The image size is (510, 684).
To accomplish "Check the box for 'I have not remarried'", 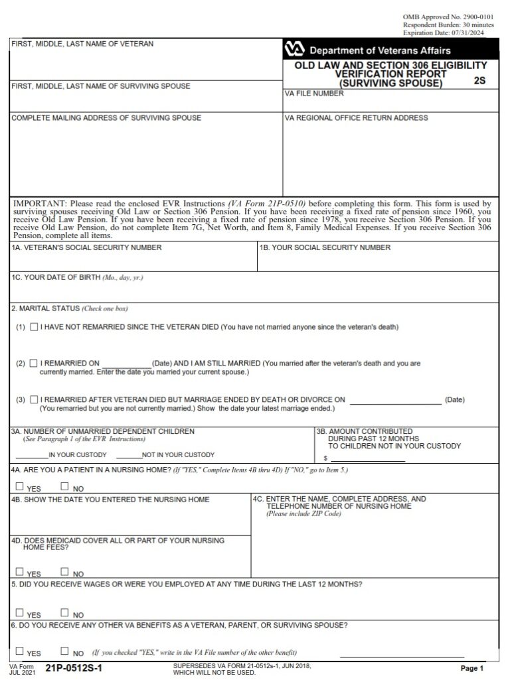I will pyautogui.click(x=34, y=328).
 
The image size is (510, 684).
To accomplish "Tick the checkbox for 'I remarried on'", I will pyautogui.click(x=34, y=364).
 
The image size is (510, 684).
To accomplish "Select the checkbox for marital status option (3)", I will pyautogui.click(x=34, y=399).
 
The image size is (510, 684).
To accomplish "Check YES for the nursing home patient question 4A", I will pyautogui.click(x=19, y=486).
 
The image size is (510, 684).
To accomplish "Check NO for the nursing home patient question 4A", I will pyautogui.click(x=64, y=486).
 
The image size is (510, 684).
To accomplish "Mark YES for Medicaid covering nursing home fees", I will pyautogui.click(x=19, y=571).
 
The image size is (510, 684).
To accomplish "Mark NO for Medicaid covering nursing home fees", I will pyautogui.click(x=64, y=571).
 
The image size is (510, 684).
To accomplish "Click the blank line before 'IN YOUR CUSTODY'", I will pyautogui.click(x=31, y=455).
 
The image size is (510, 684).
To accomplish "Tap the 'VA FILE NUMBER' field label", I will pyautogui.click(x=314, y=94).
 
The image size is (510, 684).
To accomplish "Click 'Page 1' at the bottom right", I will pyautogui.click(x=472, y=668).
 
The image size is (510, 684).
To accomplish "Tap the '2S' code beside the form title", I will pyautogui.click(x=480, y=82).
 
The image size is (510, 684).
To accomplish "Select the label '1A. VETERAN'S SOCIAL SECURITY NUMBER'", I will pyautogui.click(x=86, y=248).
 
